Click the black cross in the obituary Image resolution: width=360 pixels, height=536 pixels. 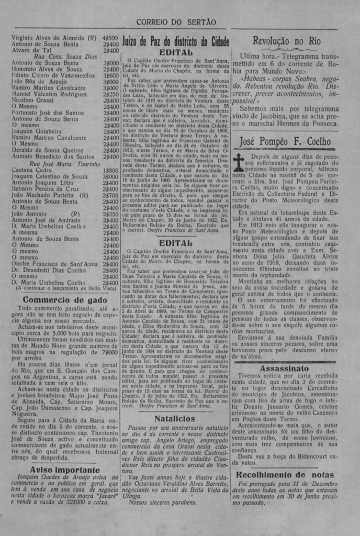(239, 161)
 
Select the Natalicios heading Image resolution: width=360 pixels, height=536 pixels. (175, 418)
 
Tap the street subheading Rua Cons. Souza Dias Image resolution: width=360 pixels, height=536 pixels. (65, 57)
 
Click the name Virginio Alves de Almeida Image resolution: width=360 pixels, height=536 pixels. (50, 38)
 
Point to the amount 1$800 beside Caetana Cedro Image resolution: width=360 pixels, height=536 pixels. (110, 170)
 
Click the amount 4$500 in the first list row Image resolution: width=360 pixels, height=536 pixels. (110, 38)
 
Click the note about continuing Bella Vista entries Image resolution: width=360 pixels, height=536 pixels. (65, 288)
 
